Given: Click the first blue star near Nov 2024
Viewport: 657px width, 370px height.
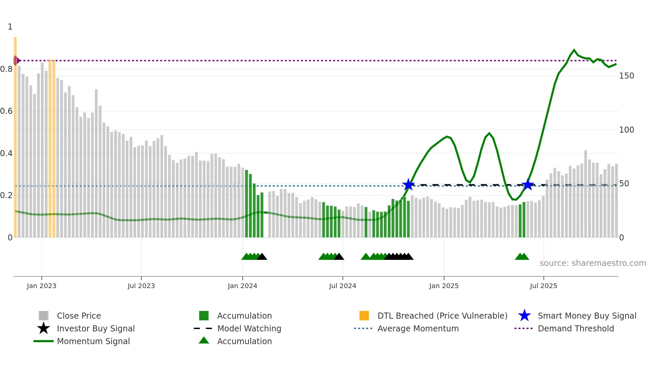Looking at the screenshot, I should point(408,185).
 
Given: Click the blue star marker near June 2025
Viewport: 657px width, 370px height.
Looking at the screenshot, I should point(528,185).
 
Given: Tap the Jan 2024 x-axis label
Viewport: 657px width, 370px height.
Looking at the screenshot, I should point(242,286).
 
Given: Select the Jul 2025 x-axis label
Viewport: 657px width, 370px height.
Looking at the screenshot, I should point(543,286).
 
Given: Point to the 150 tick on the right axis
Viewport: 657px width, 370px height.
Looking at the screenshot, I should point(626,76).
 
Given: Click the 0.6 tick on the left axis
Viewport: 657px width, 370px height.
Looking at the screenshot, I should point(7,111).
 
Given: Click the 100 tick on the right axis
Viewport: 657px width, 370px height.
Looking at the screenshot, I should point(626,130).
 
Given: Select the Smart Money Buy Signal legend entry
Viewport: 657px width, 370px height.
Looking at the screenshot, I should point(587,316).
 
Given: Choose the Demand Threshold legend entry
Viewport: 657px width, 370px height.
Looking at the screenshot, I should point(576,328).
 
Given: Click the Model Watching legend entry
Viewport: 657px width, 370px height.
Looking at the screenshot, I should point(249,328).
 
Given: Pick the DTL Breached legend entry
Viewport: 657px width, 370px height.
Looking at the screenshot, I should point(442,316).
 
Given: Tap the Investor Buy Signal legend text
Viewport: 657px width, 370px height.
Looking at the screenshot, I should point(96,328).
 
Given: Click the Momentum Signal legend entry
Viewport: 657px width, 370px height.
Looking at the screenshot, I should point(93,341).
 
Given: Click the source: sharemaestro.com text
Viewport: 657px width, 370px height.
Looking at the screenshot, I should point(593,263).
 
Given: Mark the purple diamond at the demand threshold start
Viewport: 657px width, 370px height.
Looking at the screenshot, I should point(16,60).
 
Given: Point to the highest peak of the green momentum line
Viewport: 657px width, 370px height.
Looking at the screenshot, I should point(574,50).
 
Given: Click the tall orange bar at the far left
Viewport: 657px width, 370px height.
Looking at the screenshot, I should point(15,134).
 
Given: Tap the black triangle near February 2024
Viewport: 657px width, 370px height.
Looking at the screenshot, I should point(262,257).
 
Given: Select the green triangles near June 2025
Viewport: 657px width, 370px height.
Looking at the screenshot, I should point(522,257).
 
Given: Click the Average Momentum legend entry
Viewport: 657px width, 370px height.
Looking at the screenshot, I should point(418,328).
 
